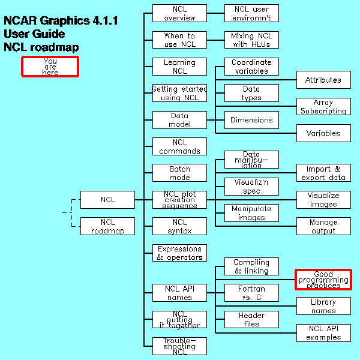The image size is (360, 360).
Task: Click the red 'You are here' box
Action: [x=50, y=67]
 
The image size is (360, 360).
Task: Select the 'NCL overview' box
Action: [x=179, y=13]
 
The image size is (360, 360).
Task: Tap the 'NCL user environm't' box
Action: [x=251, y=13]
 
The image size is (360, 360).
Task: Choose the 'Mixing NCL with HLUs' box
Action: [x=251, y=40]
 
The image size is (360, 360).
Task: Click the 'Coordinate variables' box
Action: [x=251, y=67]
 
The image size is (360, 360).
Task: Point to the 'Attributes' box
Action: [x=323, y=80]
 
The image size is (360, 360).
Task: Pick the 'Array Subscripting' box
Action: [x=323, y=107]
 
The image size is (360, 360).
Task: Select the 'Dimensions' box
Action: [x=251, y=120]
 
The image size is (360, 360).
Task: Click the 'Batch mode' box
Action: [x=179, y=173]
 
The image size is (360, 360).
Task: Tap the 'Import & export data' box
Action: [x=323, y=173]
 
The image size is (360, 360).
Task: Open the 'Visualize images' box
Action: [x=323, y=200]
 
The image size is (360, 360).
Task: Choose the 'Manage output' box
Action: [x=323, y=226]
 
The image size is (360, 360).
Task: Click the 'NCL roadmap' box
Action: [x=107, y=226]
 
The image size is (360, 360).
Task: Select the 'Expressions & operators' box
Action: [x=179, y=253]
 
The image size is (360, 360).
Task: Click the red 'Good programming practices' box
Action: [x=323, y=280]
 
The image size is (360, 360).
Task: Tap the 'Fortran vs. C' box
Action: [x=251, y=293]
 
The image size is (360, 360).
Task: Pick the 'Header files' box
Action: [x=251, y=319]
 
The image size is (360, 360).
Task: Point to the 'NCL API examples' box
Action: [x=323, y=333]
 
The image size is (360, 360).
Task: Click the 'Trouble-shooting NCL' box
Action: [x=179, y=346]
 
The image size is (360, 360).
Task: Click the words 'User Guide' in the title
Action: [x=34, y=34]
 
